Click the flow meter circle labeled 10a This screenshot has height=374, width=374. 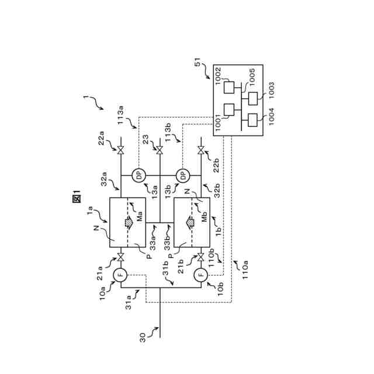coord(120,274)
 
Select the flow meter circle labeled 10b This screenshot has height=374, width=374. coord(201,274)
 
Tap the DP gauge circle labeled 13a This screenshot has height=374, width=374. coord(138,174)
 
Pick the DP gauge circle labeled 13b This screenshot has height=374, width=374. coord(182,174)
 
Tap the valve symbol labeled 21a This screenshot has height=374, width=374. coord(120,257)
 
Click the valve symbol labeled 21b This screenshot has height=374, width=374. coord(201,257)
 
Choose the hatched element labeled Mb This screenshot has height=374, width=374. coord(191,223)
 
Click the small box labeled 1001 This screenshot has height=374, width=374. coord(230,109)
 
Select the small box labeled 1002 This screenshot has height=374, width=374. coord(230,86)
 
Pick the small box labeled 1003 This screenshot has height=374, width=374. coord(253,98)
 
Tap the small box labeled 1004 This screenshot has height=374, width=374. coord(253,120)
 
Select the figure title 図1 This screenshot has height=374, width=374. coord(76,197)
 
